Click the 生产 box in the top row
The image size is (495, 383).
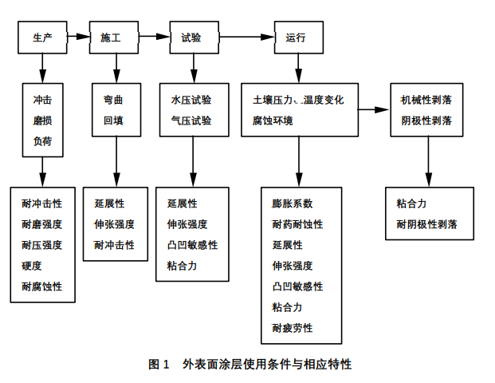pyautogui.click(x=42, y=37)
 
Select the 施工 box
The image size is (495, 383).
pyautogui.click(x=112, y=37)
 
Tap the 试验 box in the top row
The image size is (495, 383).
pyautogui.click(x=192, y=37)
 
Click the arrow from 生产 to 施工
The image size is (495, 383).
pyautogui.click(x=77, y=37)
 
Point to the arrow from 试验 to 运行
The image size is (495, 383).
pyautogui.click(x=245, y=37)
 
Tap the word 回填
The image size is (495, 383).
pyautogui.click(x=112, y=121)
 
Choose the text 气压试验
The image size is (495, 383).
pyautogui.click(x=191, y=121)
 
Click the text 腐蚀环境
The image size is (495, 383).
pyautogui.click(x=273, y=121)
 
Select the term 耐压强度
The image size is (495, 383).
pyautogui.click(x=42, y=245)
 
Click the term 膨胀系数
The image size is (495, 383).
pyautogui.click(x=293, y=203)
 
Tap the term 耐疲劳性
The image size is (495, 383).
pyautogui.click(x=293, y=328)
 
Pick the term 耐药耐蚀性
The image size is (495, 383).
pyautogui.click(x=297, y=224)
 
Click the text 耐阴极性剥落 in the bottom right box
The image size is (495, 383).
pyautogui.click(x=427, y=224)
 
